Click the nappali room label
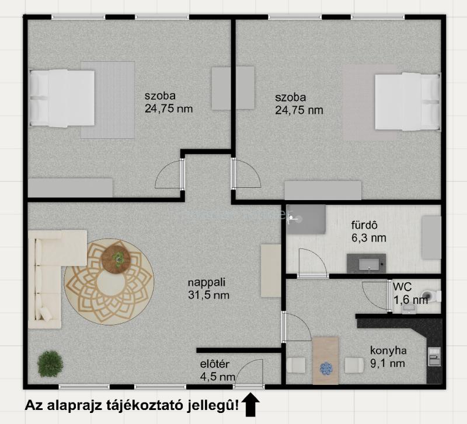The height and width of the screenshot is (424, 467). tap(207, 282)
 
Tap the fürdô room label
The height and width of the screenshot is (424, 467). tap(364, 225)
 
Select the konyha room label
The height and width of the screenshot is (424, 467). tap(388, 351)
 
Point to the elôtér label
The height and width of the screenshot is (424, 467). tap(215, 364)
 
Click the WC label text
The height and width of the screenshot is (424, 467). tap(402, 287)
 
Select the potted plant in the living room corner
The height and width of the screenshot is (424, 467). tap(50, 363)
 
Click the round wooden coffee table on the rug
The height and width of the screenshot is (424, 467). tap(116, 260)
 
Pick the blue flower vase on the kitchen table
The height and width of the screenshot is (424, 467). tap(326, 368)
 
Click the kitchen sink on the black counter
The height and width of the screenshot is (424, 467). tap(434, 356)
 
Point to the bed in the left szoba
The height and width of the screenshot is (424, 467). tap(62, 98)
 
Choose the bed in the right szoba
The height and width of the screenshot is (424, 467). tap(407, 101)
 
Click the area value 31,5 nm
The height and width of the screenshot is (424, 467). tap(209, 295)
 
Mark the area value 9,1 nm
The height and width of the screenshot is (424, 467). tap(388, 363)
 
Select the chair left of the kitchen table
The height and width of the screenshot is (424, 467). tap(296, 365)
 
